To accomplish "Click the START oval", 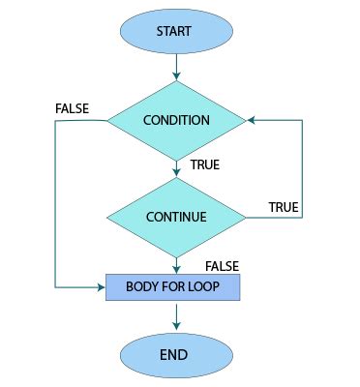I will (x=175, y=31).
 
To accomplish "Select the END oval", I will (x=175, y=354).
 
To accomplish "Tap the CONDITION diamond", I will (x=175, y=121).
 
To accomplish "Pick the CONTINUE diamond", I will (x=175, y=216).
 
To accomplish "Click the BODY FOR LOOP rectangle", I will (x=172, y=287).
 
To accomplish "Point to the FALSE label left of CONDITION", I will (x=73, y=108).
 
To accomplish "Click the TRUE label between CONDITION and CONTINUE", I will (x=204, y=165).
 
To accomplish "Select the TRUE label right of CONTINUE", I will (x=283, y=208).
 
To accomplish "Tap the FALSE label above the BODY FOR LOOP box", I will (x=222, y=266).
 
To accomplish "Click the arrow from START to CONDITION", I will (x=175, y=67).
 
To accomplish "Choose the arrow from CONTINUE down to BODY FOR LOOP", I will (x=175, y=263).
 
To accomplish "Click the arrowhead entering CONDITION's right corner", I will (x=251, y=121).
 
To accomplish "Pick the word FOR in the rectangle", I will (x=174, y=287).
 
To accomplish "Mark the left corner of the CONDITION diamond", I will (x=106, y=121).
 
